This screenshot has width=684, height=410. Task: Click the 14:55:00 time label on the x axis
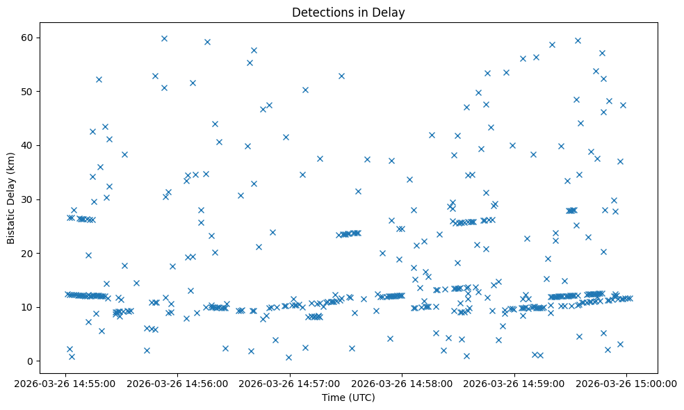[x=65, y=383]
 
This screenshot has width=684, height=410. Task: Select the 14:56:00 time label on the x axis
[x=178, y=383]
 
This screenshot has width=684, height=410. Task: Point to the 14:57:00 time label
[x=290, y=383]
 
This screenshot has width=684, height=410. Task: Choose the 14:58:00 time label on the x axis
[x=402, y=383]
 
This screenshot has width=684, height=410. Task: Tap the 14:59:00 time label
[x=514, y=383]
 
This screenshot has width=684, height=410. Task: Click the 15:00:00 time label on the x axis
[x=627, y=383]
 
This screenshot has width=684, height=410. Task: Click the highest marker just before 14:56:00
[x=164, y=38]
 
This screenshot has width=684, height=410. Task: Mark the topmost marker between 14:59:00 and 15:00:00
[x=578, y=40]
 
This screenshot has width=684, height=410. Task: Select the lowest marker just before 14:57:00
[x=288, y=357]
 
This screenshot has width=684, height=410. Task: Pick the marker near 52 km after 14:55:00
[x=99, y=79]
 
